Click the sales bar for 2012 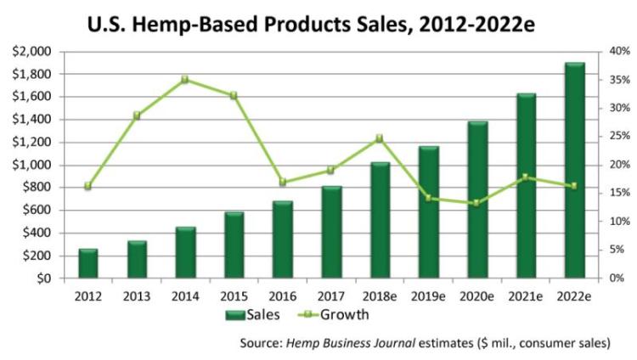coord(88,263)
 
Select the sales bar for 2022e coord(574,171)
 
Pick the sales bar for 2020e coord(477,200)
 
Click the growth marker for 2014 coord(185,79)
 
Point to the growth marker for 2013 coord(137,115)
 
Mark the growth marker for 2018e coord(380,138)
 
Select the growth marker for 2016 coord(283,183)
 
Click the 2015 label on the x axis coord(234,295)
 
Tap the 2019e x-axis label coord(429,295)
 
